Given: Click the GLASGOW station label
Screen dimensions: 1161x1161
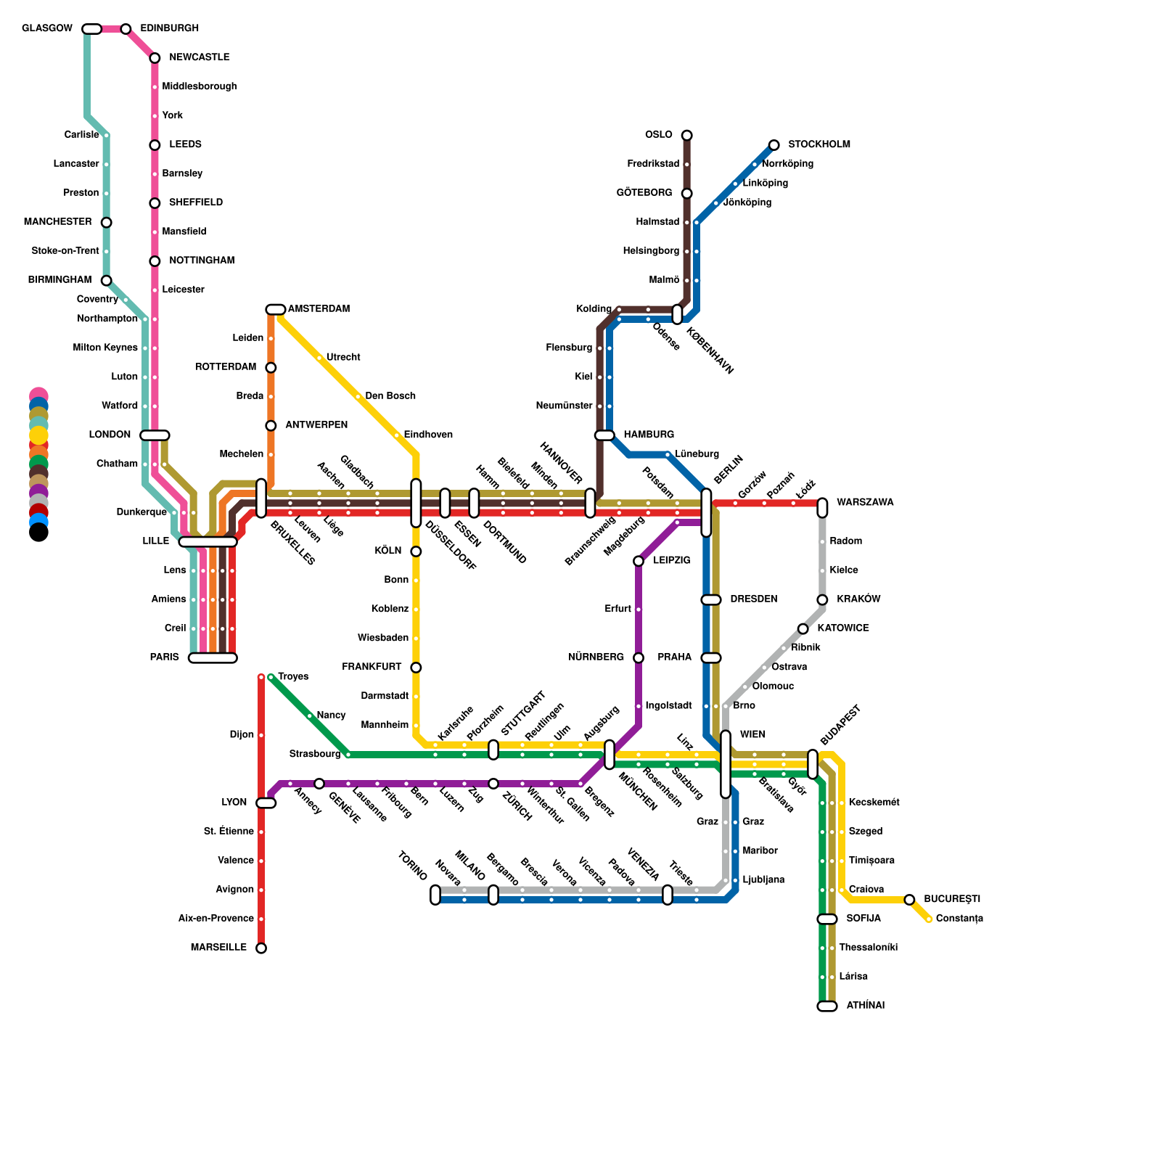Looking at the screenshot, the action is point(47,29).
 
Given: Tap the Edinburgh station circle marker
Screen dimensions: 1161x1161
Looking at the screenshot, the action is point(126,29).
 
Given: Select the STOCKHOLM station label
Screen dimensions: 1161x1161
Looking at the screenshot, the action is point(819,144).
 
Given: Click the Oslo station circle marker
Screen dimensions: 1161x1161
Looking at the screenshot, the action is point(686,136).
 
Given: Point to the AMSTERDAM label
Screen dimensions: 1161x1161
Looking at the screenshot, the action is point(319,309).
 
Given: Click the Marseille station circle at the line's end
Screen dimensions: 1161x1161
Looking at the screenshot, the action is point(261,948).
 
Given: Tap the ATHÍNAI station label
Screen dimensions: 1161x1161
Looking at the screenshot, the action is point(865,1006).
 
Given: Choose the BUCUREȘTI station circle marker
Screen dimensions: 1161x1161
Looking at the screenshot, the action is point(909,900).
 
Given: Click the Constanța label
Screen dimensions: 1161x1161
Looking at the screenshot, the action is point(959,919).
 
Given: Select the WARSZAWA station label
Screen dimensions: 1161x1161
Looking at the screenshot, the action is point(865,502).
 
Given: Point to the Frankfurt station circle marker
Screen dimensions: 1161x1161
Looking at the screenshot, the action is point(416,668).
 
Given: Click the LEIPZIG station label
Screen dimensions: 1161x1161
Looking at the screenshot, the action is point(671,560).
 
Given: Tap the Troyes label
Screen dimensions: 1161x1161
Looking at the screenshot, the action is point(293,677).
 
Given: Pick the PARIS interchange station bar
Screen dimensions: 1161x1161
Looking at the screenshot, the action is point(213,658).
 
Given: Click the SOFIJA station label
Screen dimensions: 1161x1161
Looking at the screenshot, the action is point(863,919).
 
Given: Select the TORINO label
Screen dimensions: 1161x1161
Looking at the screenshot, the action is point(412,866).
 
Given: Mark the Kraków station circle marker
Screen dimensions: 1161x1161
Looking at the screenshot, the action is point(822,600).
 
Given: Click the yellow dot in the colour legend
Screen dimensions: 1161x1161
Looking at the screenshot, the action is point(38,435).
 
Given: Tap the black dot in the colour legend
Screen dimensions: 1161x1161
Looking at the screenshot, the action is point(38,533).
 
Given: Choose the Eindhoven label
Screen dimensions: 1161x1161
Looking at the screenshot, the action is point(428,435).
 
